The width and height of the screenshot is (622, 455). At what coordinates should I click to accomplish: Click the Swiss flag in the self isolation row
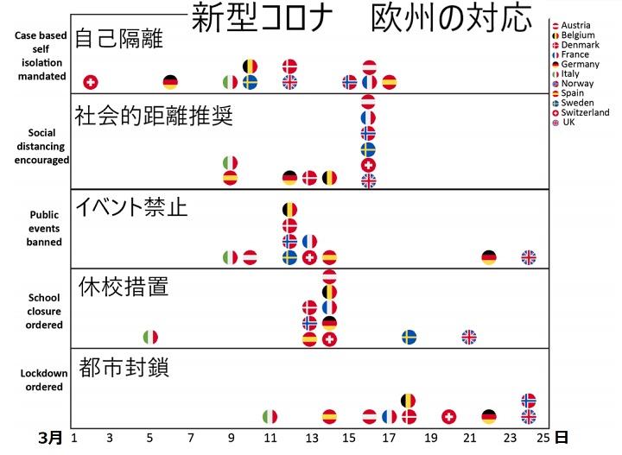90,82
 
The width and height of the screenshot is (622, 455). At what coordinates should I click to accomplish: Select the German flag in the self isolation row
170,82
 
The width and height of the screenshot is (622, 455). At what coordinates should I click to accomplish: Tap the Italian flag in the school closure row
150,337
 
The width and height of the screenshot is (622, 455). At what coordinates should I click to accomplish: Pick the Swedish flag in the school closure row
409,337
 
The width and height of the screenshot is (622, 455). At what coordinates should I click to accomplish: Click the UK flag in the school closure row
469,337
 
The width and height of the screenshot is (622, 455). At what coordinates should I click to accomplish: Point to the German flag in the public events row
489,257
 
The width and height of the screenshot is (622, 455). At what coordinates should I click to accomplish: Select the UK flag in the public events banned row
529,257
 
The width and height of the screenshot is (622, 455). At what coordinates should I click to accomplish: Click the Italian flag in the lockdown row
270,417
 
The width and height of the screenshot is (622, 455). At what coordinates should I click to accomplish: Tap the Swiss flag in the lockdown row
449,417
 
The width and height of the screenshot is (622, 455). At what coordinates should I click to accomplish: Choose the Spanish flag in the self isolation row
390,82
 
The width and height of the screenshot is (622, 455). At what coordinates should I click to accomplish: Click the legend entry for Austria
575,25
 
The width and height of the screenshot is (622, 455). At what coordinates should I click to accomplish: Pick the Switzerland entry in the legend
583,112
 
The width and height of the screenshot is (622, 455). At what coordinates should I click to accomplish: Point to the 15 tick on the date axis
349,438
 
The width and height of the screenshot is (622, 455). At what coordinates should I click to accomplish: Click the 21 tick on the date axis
468,438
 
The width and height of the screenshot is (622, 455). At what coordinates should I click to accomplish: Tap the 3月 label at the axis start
51,438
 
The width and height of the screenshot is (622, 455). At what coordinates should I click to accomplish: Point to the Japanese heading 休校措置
123,287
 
